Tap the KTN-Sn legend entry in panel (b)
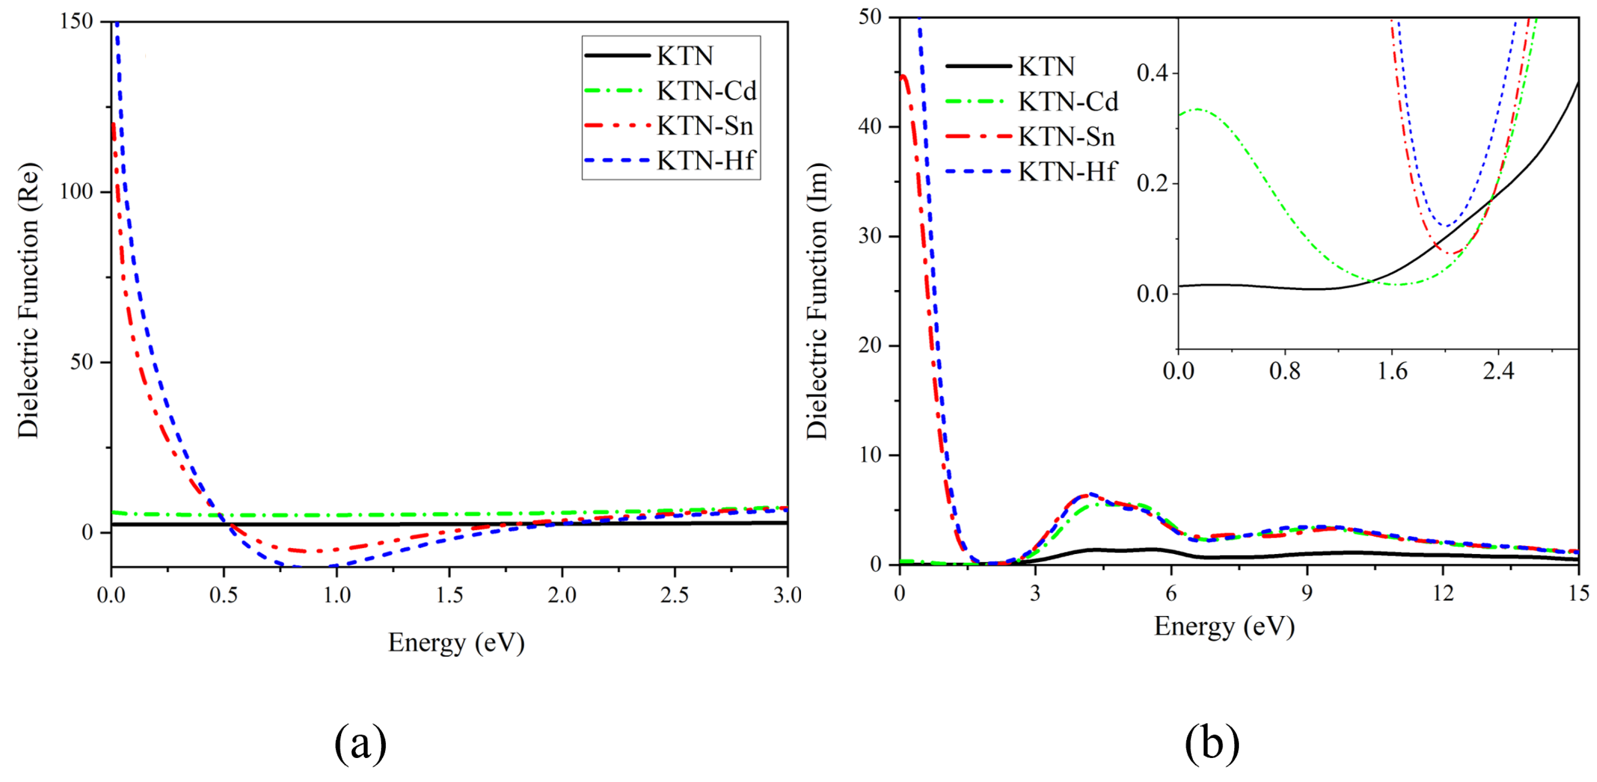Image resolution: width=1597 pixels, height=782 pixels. (1066, 136)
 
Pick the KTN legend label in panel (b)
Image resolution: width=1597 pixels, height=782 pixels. (1046, 66)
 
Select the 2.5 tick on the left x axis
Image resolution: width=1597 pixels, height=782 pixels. (674, 595)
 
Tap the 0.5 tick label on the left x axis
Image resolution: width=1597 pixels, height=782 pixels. (223, 595)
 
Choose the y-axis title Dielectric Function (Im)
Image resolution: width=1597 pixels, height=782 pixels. (817, 301)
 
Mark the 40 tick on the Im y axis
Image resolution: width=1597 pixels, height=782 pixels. (870, 127)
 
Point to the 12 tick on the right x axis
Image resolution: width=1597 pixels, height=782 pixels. (1443, 593)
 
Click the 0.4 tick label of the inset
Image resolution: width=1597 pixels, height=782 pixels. (1152, 73)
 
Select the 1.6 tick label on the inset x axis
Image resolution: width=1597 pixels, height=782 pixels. (1392, 371)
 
